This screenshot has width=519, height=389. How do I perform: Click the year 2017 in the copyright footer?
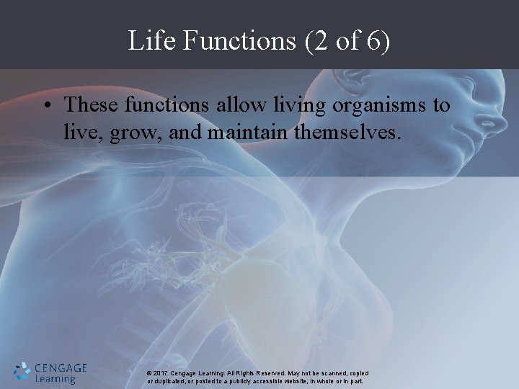point(161,373)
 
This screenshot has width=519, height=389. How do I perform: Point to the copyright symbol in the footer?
point(148,373)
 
